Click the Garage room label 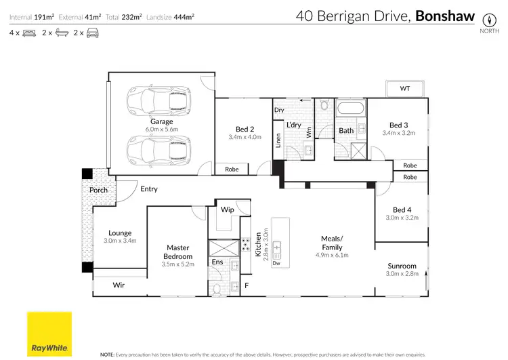pyautogui.click(x=162, y=122)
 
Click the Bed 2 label pyautogui.click(x=245, y=129)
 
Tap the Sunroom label pyautogui.click(x=402, y=266)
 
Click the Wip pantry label pyautogui.click(x=227, y=209)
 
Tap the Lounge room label pyautogui.click(x=120, y=233)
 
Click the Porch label pyautogui.click(x=98, y=190)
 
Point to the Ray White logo pyautogui.click(x=49, y=333)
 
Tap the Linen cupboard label pyautogui.click(x=278, y=140)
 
